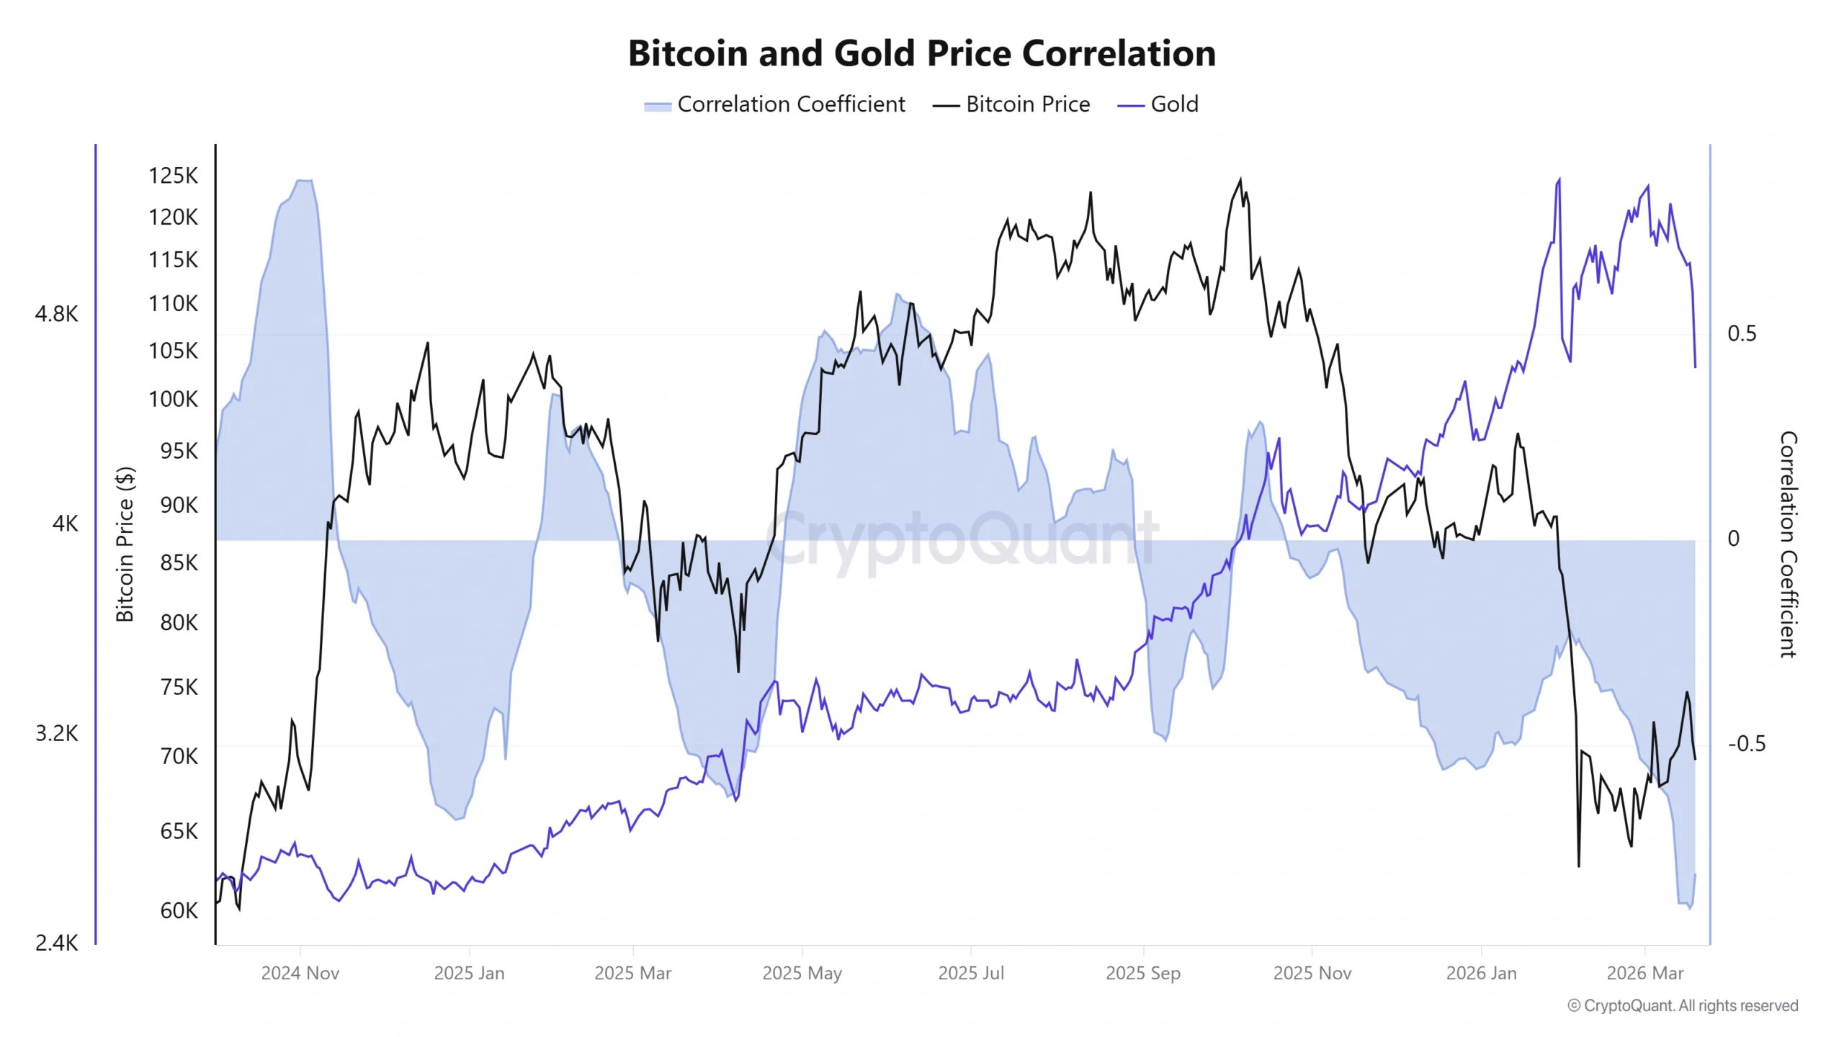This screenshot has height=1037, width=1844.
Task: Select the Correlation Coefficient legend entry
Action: pos(775,104)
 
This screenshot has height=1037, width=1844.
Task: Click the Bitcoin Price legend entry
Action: pos(1011,104)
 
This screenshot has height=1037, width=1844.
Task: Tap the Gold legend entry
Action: pos(1158,104)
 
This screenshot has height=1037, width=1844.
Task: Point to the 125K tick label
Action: pos(173,176)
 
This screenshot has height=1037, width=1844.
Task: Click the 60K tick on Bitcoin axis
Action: pos(179,910)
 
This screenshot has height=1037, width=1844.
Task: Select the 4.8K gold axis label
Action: pos(56,314)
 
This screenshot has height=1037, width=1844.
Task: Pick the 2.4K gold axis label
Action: pos(56,942)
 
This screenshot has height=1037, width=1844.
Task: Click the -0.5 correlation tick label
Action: pos(1746,743)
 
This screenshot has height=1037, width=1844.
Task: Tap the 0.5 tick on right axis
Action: pos(1741,333)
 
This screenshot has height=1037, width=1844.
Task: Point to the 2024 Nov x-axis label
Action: pos(300,973)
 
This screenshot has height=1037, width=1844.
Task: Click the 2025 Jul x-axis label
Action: pos(970,973)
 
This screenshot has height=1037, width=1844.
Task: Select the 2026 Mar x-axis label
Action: pos(1644,973)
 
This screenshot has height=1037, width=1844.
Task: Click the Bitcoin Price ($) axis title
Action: pos(125,544)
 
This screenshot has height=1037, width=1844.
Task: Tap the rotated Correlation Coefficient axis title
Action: pos(1788,544)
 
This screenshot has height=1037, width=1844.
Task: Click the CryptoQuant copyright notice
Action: pos(1683,1005)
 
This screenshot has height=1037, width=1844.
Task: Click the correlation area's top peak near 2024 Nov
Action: pos(304,181)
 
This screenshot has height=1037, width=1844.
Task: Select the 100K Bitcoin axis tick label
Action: pos(173,399)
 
